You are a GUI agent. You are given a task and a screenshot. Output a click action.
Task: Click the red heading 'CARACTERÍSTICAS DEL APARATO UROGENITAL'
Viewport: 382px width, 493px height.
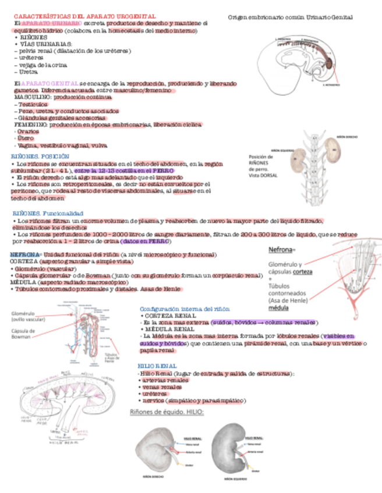click(x=84, y=16)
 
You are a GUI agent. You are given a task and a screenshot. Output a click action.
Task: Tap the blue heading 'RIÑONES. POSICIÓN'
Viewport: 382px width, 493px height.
click(x=40, y=157)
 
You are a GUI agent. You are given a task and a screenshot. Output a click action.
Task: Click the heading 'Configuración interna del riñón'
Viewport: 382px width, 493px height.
click(x=185, y=309)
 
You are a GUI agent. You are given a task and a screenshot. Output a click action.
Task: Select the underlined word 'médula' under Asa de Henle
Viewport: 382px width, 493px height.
click(x=278, y=308)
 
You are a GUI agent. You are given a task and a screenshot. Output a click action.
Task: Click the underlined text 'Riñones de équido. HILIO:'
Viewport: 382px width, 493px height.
click(x=167, y=412)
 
